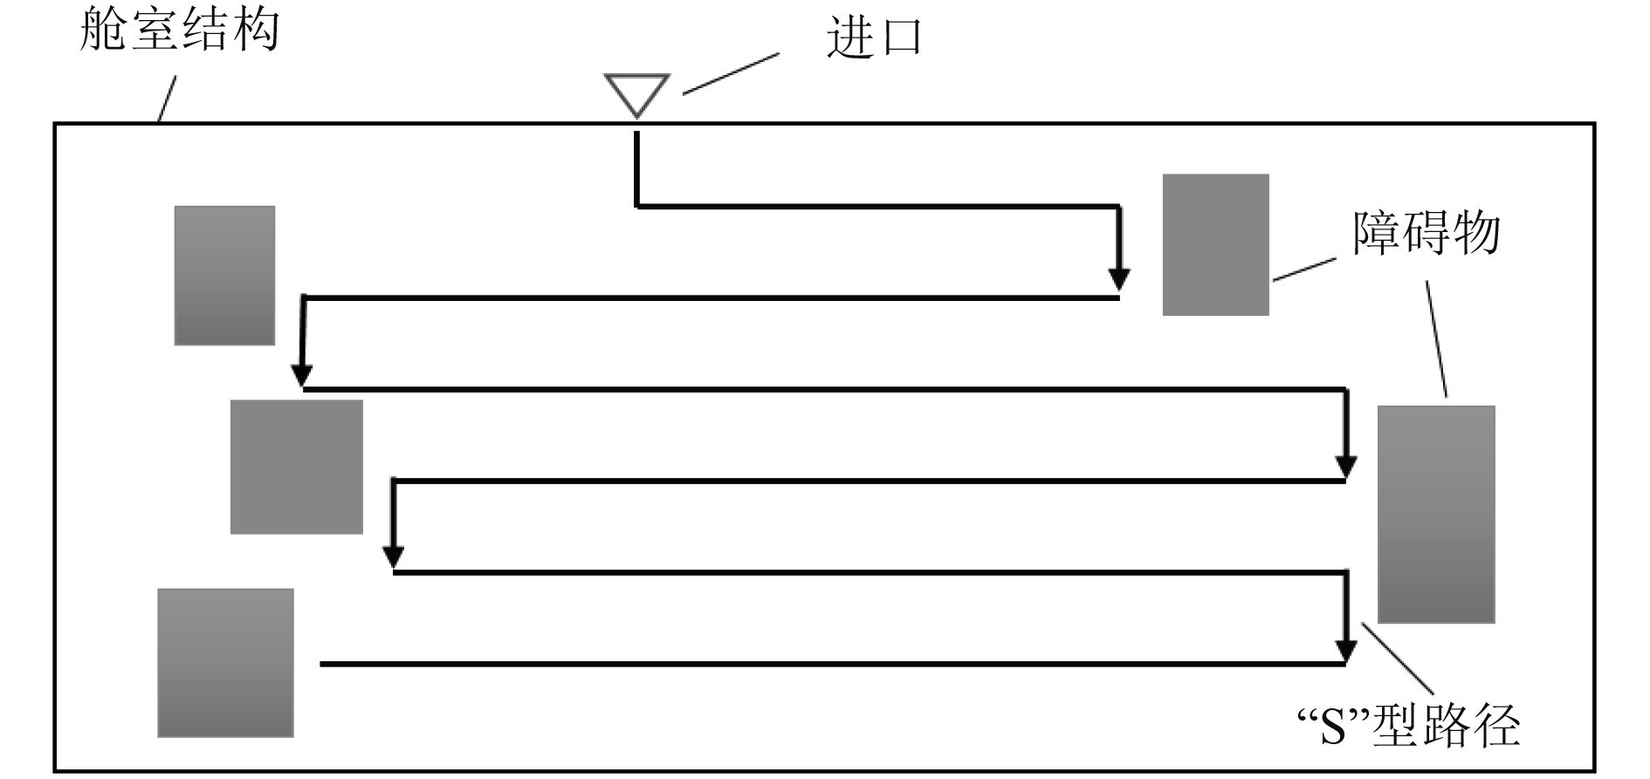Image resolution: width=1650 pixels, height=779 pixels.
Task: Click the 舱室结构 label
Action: (x=179, y=29)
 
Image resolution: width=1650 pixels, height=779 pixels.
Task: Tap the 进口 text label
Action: (x=874, y=38)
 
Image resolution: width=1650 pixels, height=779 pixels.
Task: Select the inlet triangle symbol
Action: (x=637, y=93)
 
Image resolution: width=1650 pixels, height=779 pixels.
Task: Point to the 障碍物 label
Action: (x=1427, y=233)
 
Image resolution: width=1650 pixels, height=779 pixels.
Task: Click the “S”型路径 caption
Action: (x=1408, y=726)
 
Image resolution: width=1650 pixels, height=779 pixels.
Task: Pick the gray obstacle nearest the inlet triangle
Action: (x=1215, y=244)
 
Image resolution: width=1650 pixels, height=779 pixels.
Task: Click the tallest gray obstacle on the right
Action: (x=1436, y=514)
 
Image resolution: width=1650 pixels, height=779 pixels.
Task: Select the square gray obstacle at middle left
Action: (x=296, y=467)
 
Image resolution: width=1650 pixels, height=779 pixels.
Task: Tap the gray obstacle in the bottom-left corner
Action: (x=225, y=663)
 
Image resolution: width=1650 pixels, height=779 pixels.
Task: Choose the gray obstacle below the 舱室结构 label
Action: (x=224, y=275)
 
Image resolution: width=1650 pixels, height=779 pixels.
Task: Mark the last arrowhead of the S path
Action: (x=1346, y=651)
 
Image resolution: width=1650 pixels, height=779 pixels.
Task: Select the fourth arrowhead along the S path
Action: (x=394, y=556)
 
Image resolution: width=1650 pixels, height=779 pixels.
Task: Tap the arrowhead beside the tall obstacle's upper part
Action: (x=1346, y=467)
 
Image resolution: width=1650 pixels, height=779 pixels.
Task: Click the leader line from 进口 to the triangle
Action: (x=730, y=73)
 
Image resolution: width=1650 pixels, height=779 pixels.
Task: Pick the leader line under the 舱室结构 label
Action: (x=167, y=98)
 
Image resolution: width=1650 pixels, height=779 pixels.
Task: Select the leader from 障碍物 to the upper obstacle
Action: (x=1303, y=270)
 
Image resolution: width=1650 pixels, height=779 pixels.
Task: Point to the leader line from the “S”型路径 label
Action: (x=1398, y=659)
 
